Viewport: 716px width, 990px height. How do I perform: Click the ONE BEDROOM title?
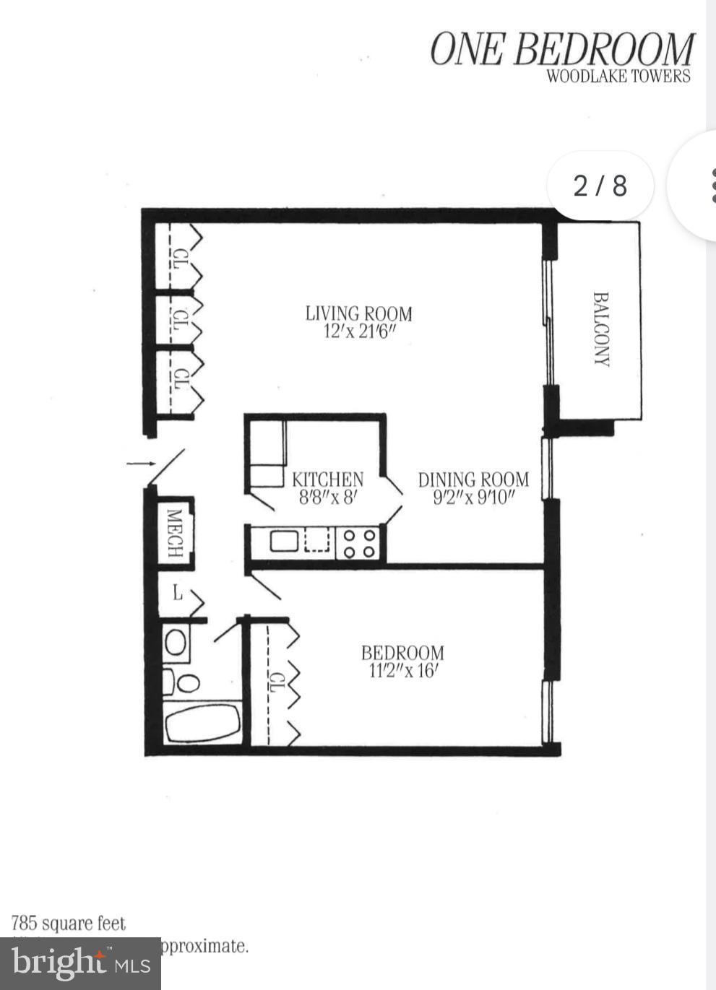coord(562,49)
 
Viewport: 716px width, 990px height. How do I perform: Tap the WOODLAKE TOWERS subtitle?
coord(618,77)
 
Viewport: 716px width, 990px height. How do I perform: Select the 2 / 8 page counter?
coord(600,186)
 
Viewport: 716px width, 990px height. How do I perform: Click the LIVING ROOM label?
coord(358,313)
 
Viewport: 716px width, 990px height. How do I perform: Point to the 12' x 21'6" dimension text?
coord(359,332)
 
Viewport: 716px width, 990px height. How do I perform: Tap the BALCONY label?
coord(601,329)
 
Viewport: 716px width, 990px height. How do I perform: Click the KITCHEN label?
coord(327,479)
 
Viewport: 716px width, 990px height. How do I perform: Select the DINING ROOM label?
coord(473,479)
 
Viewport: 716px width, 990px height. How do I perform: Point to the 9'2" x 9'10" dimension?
coord(473,497)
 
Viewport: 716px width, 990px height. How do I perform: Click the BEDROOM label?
coord(402,652)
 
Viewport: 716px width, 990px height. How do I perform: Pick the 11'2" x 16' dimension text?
coord(403,671)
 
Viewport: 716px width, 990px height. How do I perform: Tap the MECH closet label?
coord(174,533)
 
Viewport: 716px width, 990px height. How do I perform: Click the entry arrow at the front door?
coord(140,463)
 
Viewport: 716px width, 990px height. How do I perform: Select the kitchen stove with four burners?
coord(359,543)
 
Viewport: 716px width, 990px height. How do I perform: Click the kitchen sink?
coord(285,540)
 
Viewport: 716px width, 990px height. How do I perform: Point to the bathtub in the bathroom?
coord(203,723)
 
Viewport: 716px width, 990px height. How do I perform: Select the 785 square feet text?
coord(69,924)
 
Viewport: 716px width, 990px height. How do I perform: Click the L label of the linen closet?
coord(177,594)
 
